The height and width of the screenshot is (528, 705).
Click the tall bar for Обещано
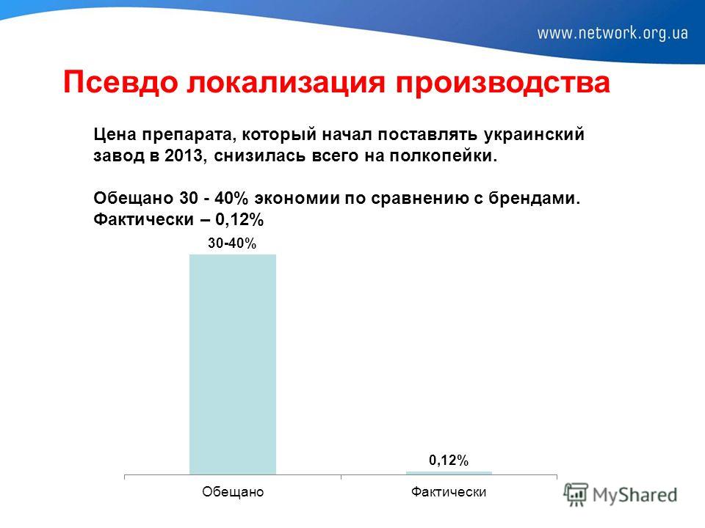[233, 364]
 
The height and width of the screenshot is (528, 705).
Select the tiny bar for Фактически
[449, 473]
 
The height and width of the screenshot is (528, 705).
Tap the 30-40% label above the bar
[232, 243]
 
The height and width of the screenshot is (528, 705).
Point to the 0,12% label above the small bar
[449, 461]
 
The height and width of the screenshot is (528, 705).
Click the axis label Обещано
[233, 491]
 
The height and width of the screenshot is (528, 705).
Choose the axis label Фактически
[449, 491]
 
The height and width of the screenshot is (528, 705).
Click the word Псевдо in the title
[120, 83]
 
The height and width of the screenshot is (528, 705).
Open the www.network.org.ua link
[612, 33]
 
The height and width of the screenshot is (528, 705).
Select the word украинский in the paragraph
[534, 135]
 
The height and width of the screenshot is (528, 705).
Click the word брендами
[535, 198]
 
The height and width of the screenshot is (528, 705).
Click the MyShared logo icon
[576, 494]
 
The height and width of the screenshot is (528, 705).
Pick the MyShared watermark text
[634, 495]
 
